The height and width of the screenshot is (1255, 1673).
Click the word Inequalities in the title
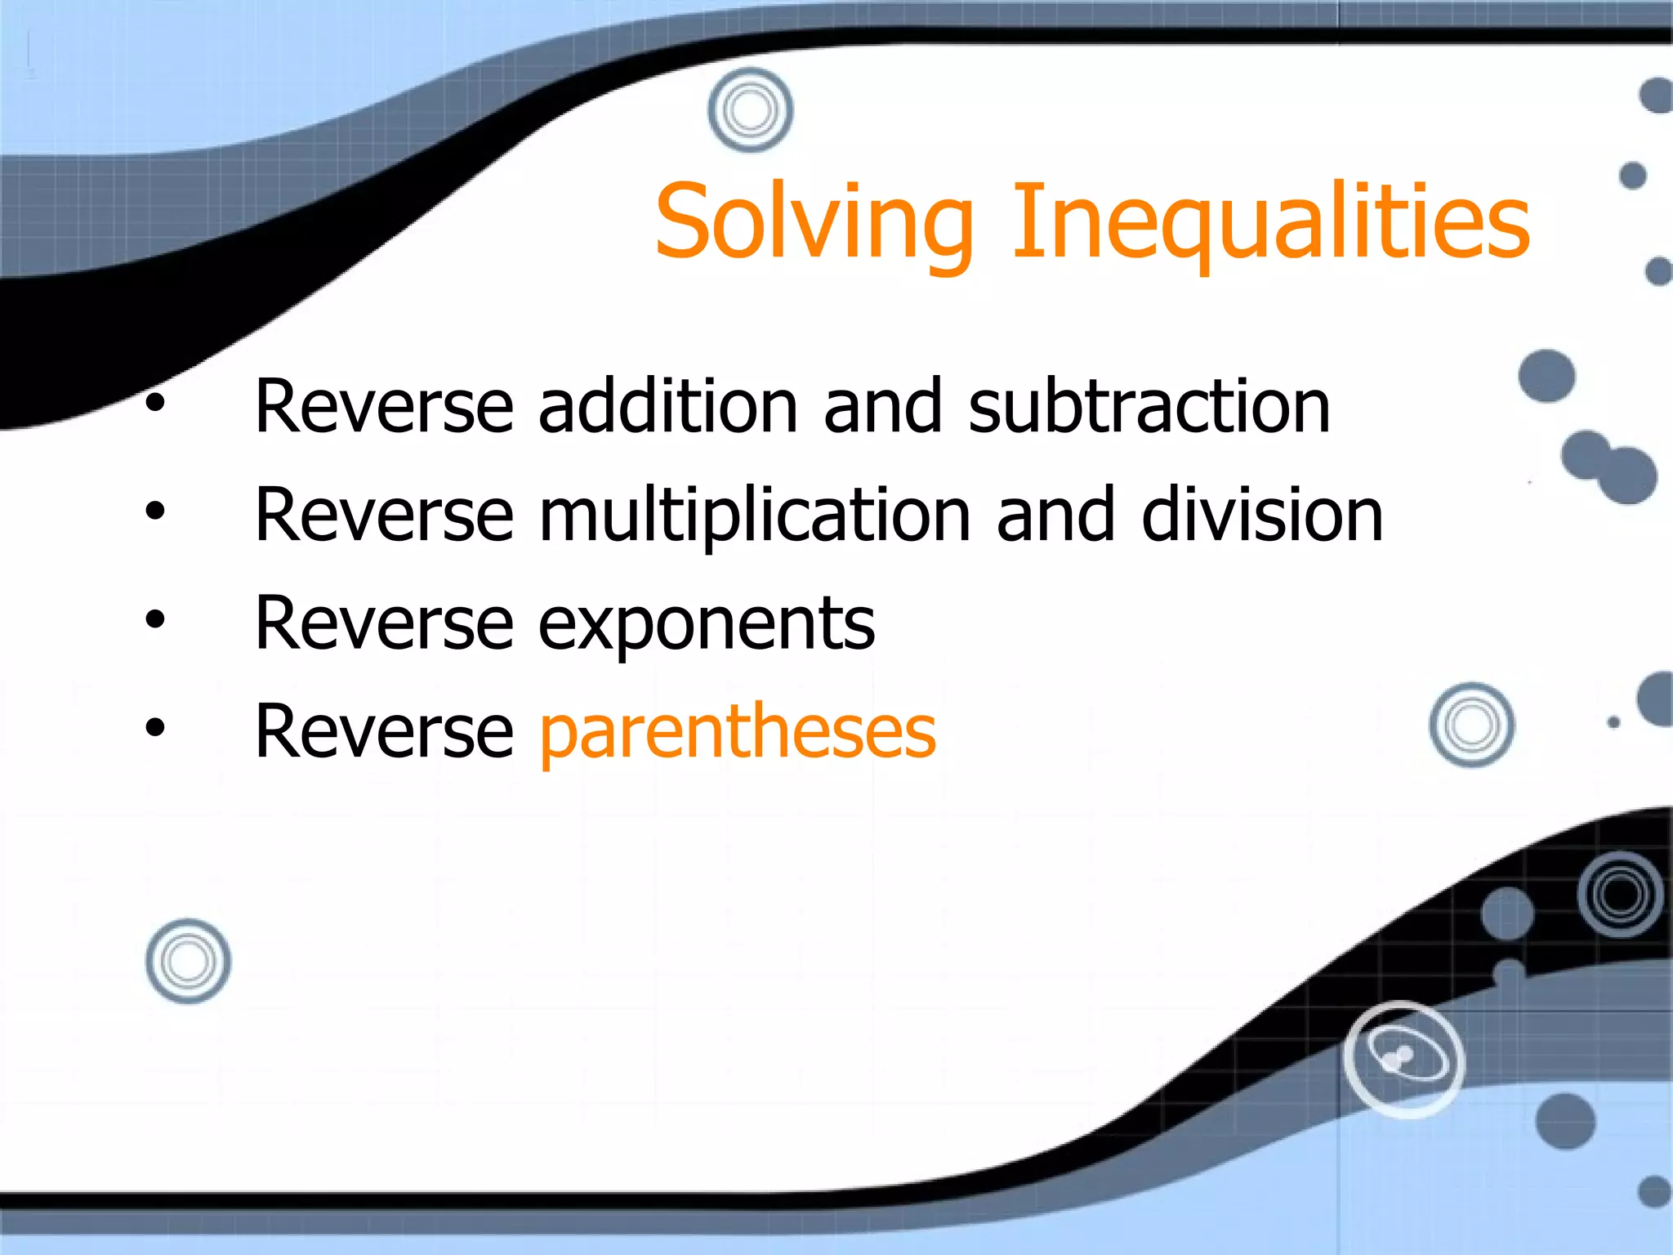click(1270, 222)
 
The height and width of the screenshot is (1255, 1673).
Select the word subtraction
click(1149, 406)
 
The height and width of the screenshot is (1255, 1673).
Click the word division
click(1262, 515)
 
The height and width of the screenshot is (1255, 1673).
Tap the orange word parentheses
click(738, 732)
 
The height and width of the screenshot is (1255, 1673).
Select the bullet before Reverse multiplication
click(154, 511)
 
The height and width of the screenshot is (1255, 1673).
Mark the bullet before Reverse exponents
click(154, 620)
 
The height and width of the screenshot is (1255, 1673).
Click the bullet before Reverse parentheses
click(154, 727)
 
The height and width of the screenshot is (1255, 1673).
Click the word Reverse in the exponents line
click(384, 623)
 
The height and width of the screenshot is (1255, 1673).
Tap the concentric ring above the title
click(750, 110)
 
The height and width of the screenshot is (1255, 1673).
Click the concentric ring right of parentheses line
click(1471, 725)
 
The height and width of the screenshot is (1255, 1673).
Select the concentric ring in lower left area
click(188, 961)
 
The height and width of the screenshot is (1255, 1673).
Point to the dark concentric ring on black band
click(1621, 895)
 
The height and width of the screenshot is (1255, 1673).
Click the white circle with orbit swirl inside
click(1403, 1059)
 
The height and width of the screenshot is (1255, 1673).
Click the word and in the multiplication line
click(1055, 515)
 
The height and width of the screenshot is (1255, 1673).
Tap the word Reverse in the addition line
click(384, 406)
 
